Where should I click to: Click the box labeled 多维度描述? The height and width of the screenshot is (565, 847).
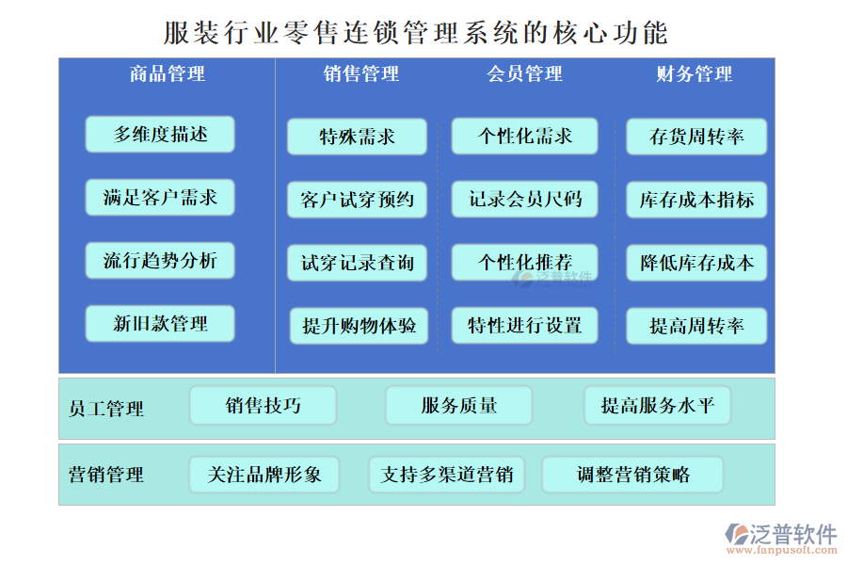[x=160, y=135]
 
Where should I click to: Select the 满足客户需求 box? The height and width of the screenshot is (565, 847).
[x=160, y=198]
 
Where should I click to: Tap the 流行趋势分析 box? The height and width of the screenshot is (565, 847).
[x=160, y=261]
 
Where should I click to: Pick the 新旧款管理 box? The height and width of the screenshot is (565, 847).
[x=160, y=324]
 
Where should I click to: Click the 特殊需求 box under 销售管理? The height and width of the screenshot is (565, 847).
[x=358, y=137]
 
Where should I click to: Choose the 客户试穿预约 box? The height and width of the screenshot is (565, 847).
[x=358, y=200]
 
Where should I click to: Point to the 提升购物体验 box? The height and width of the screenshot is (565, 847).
[x=359, y=326]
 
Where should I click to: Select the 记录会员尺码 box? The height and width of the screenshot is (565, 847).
[x=525, y=200]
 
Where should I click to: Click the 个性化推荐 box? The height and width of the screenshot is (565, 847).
[x=525, y=263]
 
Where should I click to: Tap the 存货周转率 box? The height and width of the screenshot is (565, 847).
[x=696, y=137]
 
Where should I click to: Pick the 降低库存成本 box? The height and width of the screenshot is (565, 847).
[x=696, y=263]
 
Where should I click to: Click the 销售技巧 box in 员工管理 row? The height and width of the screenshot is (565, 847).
[x=264, y=406]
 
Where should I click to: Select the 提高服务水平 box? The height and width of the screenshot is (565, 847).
[x=657, y=406]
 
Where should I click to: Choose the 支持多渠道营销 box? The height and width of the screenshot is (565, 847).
[x=447, y=475]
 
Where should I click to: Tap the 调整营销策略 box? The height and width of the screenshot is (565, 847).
[x=632, y=475]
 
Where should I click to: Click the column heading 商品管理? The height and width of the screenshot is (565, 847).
[x=167, y=73]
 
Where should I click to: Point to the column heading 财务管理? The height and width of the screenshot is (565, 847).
[x=695, y=73]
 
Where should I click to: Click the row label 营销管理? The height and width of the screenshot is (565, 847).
[x=106, y=475]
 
